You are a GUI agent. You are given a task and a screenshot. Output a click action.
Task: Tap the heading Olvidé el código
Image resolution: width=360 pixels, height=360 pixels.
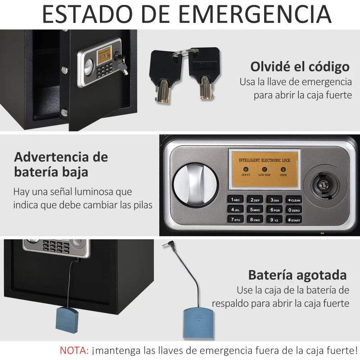tap(300, 67)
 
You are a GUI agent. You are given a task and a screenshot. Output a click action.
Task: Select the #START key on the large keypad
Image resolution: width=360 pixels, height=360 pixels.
tap(293, 220)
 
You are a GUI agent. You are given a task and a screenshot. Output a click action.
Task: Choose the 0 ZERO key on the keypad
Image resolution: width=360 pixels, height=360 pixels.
tap(293, 210)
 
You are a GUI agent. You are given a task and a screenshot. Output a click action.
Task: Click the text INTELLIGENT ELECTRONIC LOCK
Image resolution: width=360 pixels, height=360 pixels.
tap(264, 160)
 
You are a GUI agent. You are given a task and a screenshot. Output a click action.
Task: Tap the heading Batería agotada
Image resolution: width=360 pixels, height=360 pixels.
tap(297, 275)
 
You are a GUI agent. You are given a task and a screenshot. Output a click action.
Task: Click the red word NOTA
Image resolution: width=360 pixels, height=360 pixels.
tap(74, 350)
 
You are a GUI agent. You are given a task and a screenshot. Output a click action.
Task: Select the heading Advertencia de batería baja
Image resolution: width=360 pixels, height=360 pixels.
tap(61, 164)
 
